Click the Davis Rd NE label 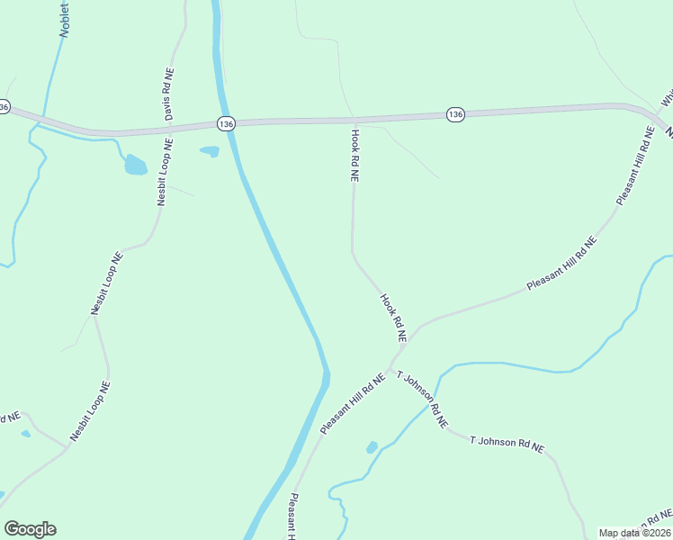point(168,95)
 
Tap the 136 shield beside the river point(226,123)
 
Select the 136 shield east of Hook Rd point(455,114)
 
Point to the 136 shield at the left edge point(4,107)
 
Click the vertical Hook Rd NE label point(354,156)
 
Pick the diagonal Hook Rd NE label point(393,318)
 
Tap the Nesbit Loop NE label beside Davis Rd point(164,172)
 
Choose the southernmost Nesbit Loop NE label point(90,411)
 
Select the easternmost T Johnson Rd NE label point(507,443)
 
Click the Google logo point(30,529)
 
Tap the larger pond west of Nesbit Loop point(135,165)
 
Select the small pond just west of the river point(210,151)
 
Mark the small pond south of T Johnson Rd point(372,447)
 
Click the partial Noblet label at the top point(64,17)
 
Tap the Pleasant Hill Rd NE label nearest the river point(353,405)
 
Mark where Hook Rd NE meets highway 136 point(354,120)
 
